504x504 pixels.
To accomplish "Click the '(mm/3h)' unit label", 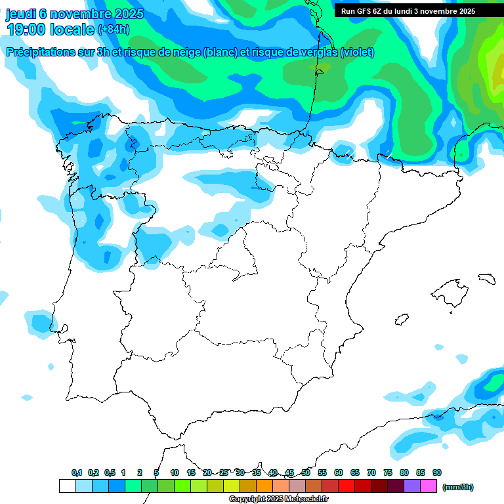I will click(x=457, y=487).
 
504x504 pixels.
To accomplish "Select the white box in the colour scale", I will click(x=67, y=486).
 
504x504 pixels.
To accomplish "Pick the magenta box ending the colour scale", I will click(x=429, y=486).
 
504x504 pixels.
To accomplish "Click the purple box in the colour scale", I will click(x=412, y=486).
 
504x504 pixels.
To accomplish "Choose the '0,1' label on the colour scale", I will click(x=77, y=472).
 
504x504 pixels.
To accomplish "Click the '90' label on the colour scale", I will click(x=437, y=472).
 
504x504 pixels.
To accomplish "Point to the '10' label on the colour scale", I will click(x=175, y=472).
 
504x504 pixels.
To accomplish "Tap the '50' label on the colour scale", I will click(x=306, y=472).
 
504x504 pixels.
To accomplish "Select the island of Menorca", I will click(x=487, y=278).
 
